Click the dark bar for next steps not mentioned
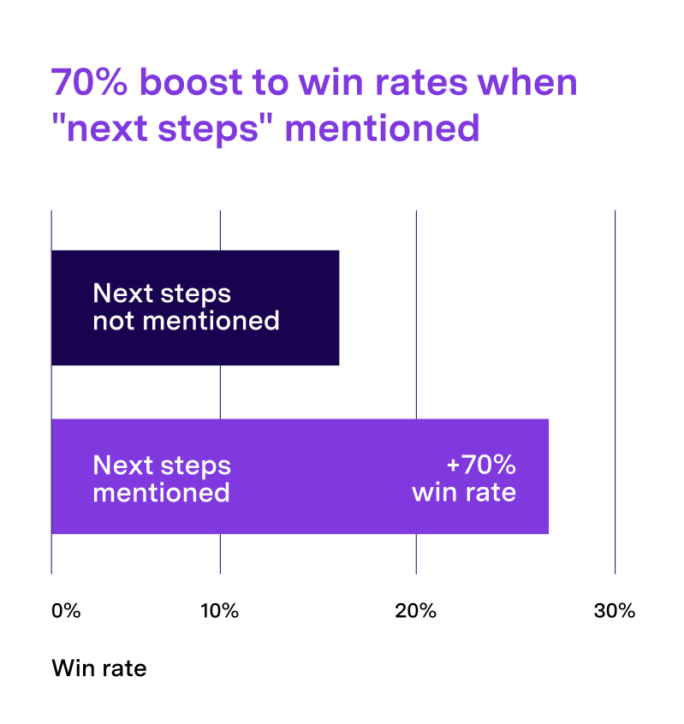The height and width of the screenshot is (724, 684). tap(195, 307)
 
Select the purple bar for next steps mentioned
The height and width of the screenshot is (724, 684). tap(300, 476)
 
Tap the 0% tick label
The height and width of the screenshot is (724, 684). tap(66, 611)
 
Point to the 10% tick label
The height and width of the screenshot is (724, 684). tap(219, 611)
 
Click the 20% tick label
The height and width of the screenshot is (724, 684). tap(416, 611)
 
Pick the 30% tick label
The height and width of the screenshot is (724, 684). tap(615, 611)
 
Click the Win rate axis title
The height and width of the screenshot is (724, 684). tap(99, 668)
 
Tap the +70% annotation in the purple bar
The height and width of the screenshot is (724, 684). tap(481, 465)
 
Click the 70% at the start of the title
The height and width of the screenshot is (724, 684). tap(89, 82)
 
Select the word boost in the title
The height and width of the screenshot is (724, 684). tap(191, 82)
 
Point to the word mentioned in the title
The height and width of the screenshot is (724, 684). tap(383, 128)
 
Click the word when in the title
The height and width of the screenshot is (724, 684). tap(527, 82)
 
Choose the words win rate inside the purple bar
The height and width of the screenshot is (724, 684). tap(464, 492)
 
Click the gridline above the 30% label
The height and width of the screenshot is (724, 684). tap(616, 392)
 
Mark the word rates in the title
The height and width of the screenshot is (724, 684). tap(421, 83)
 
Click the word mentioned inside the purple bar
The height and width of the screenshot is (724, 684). tap(161, 492)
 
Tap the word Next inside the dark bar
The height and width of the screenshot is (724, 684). tap(123, 294)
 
